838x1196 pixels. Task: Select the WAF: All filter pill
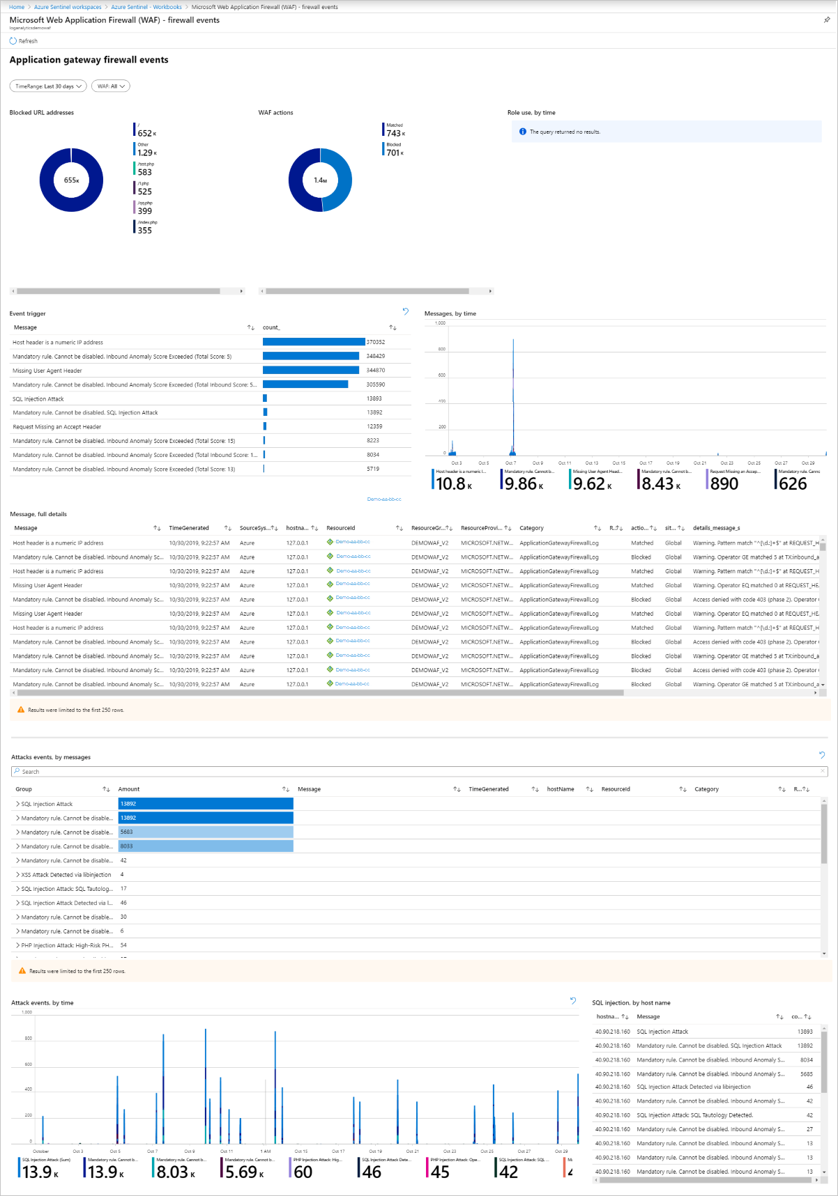112,86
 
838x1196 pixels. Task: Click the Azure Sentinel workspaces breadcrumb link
68,7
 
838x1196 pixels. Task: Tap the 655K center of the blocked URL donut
71,180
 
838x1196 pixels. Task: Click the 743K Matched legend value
394,133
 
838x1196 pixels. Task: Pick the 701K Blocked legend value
394,153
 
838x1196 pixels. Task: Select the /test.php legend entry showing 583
144,171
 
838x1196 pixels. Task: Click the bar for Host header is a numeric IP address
314,342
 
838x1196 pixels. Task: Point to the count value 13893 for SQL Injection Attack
374,398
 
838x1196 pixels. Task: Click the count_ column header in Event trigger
271,327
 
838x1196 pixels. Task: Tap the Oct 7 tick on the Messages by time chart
510,463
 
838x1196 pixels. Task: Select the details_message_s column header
716,528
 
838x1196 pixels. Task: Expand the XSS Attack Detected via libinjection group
17,875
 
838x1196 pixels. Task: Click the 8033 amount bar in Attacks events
206,846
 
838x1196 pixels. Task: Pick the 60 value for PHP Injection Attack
303,1172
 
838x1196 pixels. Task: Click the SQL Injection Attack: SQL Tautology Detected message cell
694,1115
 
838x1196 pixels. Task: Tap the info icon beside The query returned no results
523,132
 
